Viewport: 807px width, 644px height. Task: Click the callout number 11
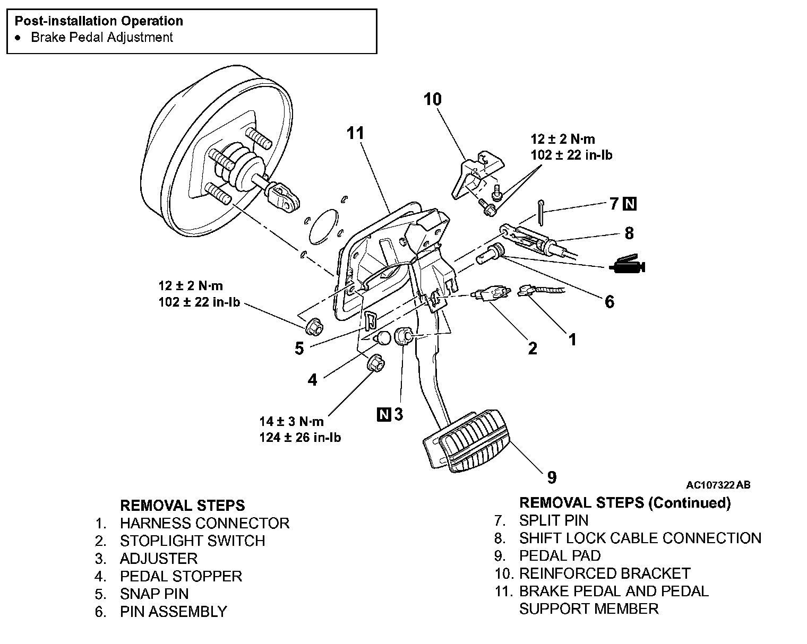pos(355,133)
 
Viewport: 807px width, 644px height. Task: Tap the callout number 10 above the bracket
pos(433,99)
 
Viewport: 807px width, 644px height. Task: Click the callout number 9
pos(552,477)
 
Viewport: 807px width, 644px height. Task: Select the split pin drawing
pos(540,212)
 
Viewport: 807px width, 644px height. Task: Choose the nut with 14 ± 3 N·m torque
pos(375,363)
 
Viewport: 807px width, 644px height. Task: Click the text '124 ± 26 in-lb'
pos(300,438)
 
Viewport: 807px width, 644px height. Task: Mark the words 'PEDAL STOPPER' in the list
pos(181,576)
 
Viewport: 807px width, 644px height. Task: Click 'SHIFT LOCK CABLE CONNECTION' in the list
pos(640,538)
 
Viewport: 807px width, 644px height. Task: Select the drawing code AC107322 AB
pos(718,485)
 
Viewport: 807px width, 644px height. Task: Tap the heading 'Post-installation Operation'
pos(99,21)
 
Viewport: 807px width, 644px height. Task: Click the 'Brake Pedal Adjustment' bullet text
pos(102,38)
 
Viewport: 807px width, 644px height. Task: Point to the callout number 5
pos(299,349)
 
